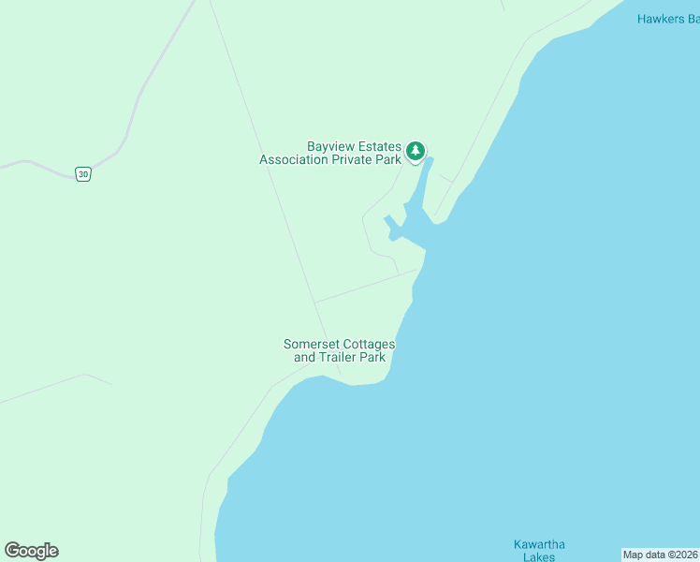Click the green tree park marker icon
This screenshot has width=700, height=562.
[416, 151]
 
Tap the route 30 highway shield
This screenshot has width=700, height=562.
[84, 174]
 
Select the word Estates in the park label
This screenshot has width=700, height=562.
[379, 147]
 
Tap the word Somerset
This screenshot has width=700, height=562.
[313, 345]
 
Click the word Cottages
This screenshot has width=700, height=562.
[369, 345]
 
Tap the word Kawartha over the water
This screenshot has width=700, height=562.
[539, 545]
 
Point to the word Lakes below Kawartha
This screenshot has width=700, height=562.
[539, 557]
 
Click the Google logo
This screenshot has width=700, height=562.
[31, 551]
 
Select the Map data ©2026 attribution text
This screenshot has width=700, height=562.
[661, 555]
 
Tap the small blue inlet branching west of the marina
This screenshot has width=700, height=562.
[389, 225]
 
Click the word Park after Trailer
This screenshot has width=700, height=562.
[373, 358]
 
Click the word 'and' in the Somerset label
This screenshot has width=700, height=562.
[305, 358]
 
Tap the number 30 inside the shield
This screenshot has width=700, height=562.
[84, 174]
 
